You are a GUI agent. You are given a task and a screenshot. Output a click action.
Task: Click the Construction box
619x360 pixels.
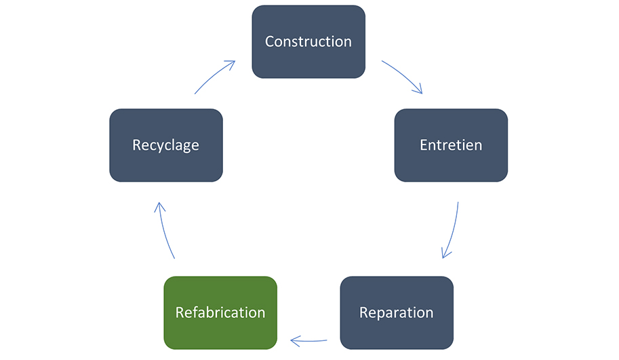click(x=308, y=41)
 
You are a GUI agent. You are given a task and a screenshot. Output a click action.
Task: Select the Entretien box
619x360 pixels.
click(x=451, y=145)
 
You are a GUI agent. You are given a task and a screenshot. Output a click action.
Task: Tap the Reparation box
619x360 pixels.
click(x=397, y=313)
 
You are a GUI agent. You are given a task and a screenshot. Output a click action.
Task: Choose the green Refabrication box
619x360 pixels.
click(x=220, y=313)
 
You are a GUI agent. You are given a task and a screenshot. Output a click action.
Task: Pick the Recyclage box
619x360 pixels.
click(x=166, y=145)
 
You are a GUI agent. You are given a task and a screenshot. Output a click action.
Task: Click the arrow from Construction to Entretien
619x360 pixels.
click(x=404, y=75)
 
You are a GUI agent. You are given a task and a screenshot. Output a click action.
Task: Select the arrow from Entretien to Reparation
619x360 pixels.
click(x=453, y=231)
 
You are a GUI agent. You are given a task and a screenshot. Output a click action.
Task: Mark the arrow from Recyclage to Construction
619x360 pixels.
click(x=213, y=75)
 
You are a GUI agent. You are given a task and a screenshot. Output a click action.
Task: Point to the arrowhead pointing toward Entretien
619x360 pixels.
click(x=418, y=89)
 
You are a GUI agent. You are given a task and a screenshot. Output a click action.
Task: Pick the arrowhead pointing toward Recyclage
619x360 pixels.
click(x=159, y=207)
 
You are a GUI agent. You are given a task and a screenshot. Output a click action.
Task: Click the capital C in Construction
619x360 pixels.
click(x=269, y=41)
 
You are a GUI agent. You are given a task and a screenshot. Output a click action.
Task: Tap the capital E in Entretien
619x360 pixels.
click(x=423, y=145)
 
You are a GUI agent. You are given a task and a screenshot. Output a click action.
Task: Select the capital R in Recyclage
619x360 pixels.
click(x=136, y=145)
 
